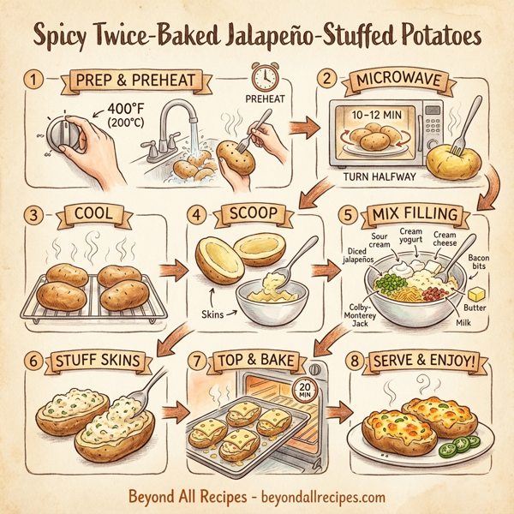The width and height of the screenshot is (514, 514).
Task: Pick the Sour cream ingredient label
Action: click(380, 240)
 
